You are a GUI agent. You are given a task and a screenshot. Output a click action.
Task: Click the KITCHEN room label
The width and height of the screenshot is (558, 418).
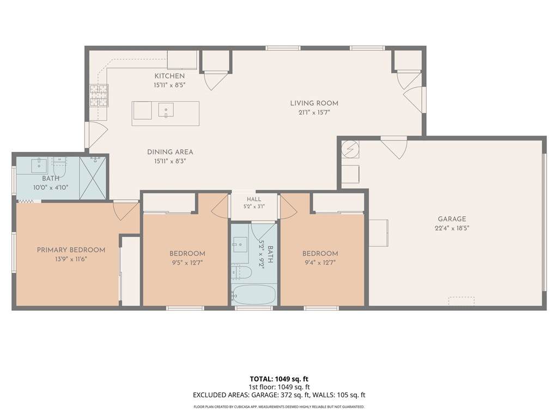tap(169, 76)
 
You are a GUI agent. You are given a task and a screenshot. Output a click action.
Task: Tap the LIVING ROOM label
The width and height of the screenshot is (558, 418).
tap(314, 103)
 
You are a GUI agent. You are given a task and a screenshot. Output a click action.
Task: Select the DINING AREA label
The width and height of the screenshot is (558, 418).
tap(170, 152)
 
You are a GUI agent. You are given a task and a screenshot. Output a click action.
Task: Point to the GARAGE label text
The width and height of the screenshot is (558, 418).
tap(452, 219)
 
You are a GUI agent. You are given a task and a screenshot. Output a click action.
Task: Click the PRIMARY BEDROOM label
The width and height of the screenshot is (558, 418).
tap(71, 250)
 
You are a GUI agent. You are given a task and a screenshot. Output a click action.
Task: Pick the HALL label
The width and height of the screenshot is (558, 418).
tap(254, 199)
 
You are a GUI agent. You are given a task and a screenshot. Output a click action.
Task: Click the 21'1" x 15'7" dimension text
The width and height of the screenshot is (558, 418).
tap(314, 113)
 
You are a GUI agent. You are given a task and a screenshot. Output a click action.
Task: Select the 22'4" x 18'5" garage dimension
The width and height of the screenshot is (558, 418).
tap(452, 228)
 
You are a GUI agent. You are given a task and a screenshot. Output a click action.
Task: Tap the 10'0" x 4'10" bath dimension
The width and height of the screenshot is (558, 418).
tap(51, 188)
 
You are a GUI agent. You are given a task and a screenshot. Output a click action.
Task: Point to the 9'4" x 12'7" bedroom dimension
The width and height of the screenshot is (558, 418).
tap(320, 263)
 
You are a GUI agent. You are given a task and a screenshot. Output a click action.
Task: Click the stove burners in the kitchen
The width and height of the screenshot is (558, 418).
tap(99, 96)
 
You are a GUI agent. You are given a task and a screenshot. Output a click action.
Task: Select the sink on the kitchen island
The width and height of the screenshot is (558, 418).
tap(166, 110)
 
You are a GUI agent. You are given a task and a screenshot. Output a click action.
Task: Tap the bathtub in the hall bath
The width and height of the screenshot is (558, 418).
tap(253, 294)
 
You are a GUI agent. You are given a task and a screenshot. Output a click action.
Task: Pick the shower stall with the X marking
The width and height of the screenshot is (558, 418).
tap(93, 178)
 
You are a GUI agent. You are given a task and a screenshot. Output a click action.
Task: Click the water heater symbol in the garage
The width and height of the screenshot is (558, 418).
tap(350, 150)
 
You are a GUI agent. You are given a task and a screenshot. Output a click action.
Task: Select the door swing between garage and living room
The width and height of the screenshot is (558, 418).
tap(395, 147)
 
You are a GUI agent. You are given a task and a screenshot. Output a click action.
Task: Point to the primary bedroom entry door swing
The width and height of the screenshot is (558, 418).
tap(125, 211)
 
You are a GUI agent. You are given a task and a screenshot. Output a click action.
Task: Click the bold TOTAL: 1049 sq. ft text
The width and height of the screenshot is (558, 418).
tap(279, 379)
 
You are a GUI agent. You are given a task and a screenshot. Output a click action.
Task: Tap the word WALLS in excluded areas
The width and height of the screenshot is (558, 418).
tap(325, 395)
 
